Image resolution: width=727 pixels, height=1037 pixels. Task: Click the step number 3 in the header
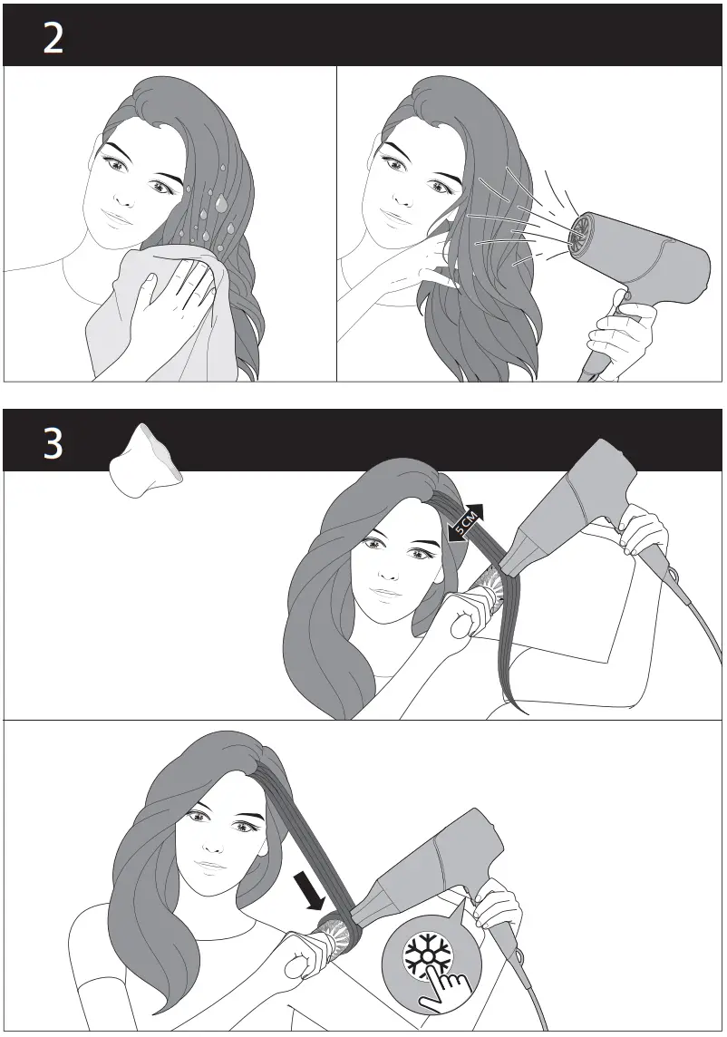[x=53, y=444]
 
